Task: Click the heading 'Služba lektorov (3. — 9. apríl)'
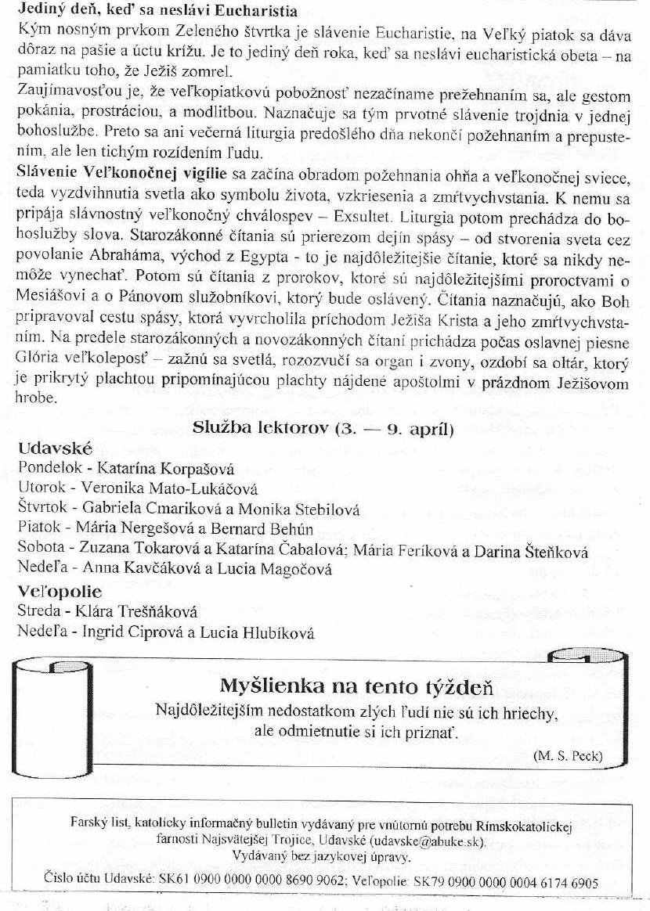[323, 428]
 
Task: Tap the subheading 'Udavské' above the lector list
[55, 449]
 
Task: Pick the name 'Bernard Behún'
[273, 530]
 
